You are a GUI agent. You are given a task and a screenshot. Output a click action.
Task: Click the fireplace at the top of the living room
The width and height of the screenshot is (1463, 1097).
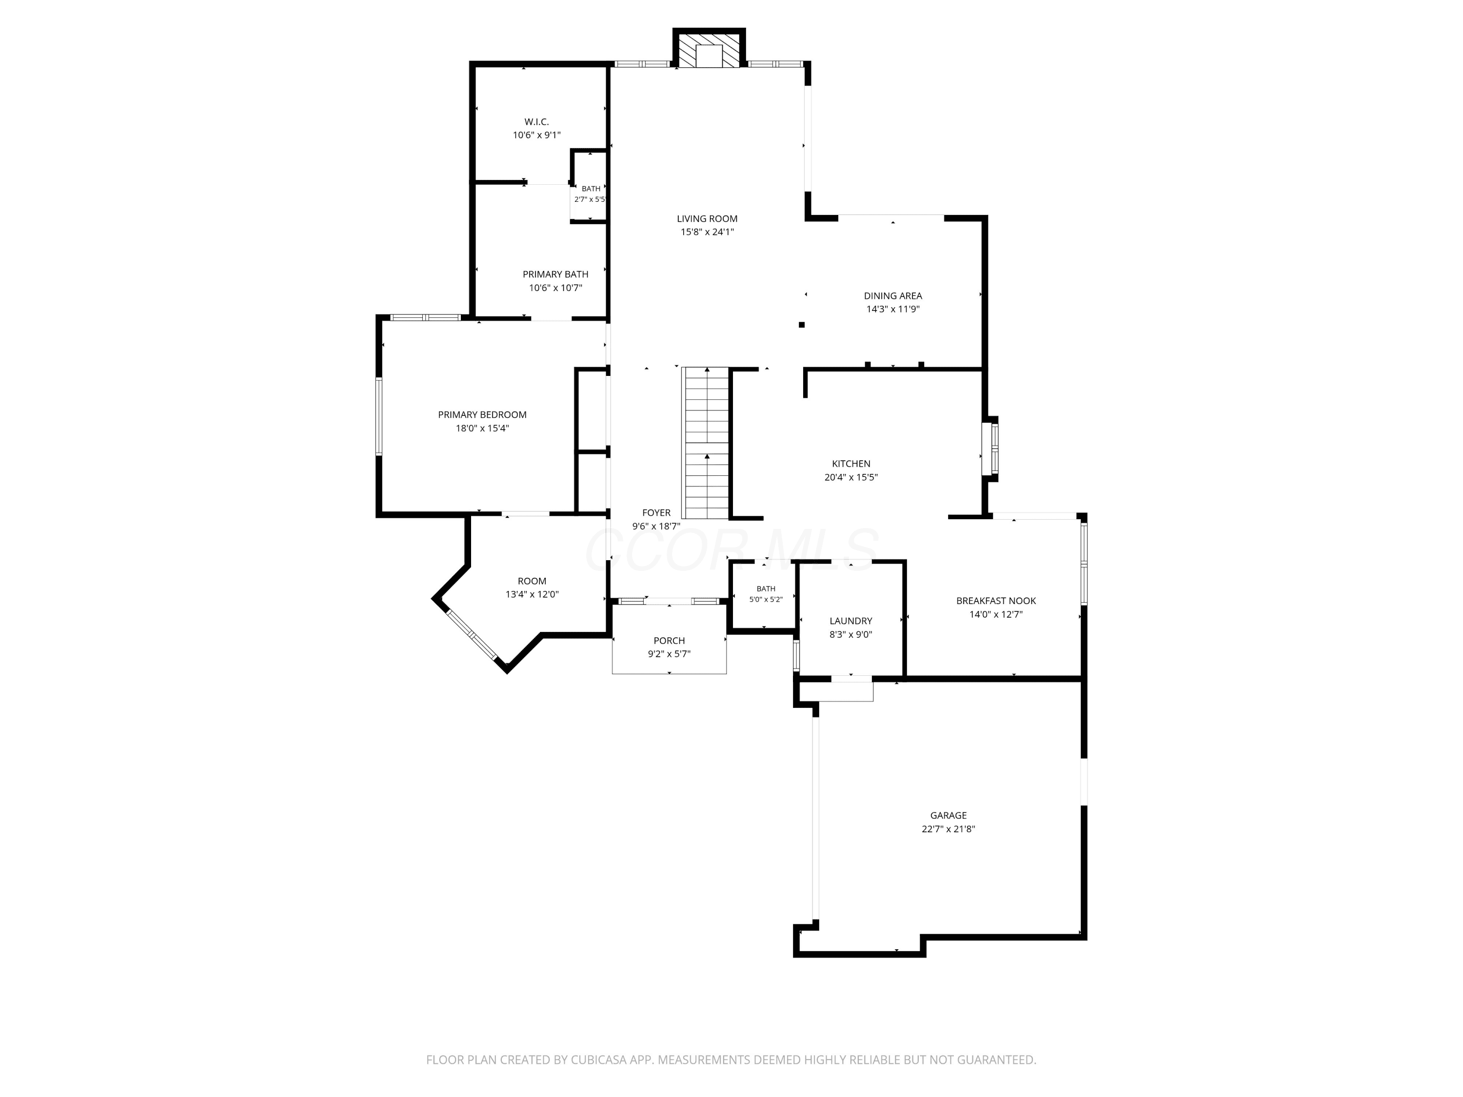click(709, 48)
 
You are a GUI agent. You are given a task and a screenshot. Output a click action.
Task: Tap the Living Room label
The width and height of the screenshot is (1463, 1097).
click(707, 219)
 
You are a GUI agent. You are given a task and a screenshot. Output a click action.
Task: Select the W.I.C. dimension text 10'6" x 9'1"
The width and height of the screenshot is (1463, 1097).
click(536, 135)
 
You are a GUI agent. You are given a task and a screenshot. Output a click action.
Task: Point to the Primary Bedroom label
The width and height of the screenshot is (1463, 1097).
click(482, 414)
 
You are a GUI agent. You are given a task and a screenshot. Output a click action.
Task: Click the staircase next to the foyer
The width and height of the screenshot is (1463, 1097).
click(706, 443)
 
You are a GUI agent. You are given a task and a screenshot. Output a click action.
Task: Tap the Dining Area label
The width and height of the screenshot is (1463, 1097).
click(893, 295)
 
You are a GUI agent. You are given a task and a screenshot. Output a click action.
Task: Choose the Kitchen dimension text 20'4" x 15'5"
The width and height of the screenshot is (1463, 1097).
click(850, 477)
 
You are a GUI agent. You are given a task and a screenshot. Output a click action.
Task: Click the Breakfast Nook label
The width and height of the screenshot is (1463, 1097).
click(996, 600)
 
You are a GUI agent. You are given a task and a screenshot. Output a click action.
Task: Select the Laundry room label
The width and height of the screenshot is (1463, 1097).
click(850, 621)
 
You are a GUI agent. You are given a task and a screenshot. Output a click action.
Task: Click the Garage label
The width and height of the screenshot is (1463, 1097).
click(949, 815)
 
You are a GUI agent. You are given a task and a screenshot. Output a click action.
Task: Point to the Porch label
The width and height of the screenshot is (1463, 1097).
click(670, 640)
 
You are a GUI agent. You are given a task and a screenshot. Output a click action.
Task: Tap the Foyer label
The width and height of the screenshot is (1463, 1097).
click(656, 512)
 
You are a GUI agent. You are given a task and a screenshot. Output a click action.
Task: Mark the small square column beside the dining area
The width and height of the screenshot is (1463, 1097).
click(802, 325)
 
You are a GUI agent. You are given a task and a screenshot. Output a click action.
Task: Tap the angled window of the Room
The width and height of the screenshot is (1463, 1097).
click(472, 635)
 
